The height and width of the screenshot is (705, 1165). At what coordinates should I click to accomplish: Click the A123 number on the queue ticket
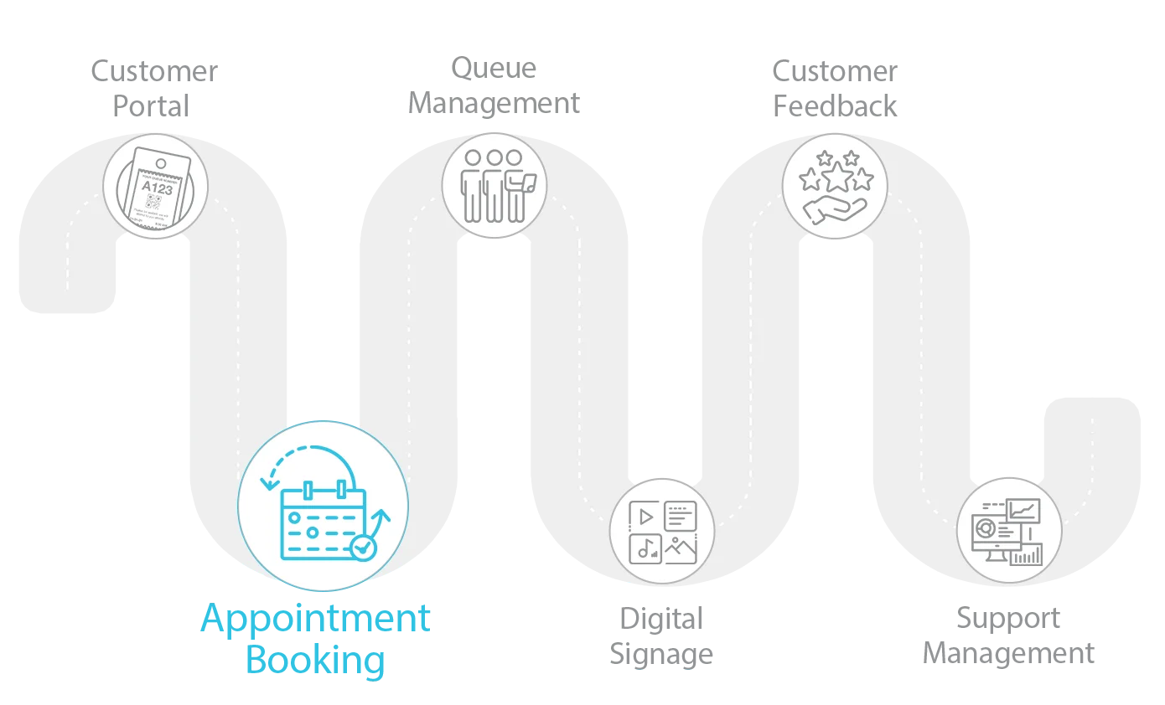(157, 188)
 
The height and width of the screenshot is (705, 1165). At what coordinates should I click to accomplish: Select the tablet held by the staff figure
(529, 179)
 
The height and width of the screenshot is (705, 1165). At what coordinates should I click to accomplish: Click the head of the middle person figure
(494, 157)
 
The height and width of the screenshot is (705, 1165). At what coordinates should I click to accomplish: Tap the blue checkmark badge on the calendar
(363, 548)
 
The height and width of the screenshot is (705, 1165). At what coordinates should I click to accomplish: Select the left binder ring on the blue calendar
(308, 489)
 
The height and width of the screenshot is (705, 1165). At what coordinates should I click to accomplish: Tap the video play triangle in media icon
(645, 517)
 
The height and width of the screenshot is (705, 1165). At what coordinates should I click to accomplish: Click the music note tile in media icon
(645, 548)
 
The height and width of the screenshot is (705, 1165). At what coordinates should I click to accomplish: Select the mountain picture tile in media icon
(681, 548)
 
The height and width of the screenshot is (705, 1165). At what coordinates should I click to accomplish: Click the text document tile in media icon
(681, 516)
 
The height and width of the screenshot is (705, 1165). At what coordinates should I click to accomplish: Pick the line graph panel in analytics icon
(1024, 510)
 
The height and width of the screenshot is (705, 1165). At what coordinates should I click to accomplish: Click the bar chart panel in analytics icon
(1026, 554)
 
